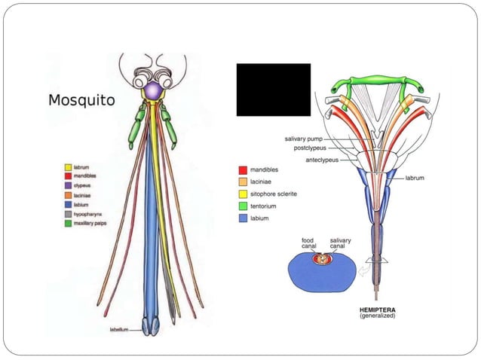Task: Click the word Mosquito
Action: click(x=81, y=99)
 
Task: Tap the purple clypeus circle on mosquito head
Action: click(x=153, y=90)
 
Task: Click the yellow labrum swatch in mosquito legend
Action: click(x=68, y=167)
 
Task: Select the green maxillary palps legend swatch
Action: click(x=68, y=223)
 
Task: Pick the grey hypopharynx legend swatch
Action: click(x=68, y=214)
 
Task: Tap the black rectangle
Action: click(x=273, y=90)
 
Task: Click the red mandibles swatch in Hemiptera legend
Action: click(x=243, y=170)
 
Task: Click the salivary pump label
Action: click(x=305, y=139)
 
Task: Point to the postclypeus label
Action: click(x=311, y=148)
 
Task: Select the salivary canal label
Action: click(x=340, y=244)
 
